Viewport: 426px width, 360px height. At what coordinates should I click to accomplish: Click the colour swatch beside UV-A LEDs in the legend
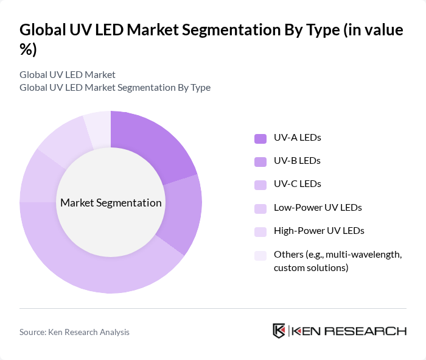(x=260, y=138)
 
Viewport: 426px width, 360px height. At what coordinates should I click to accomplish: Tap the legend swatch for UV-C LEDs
(x=260, y=184)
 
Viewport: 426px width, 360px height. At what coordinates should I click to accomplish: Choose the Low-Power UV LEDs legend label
(x=318, y=208)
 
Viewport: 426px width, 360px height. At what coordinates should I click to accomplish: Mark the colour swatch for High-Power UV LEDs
(x=260, y=231)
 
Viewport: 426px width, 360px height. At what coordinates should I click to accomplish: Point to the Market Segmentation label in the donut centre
(x=111, y=202)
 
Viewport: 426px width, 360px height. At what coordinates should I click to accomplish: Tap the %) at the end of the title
(x=28, y=50)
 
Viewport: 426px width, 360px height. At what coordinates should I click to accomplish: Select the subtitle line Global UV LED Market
(x=68, y=75)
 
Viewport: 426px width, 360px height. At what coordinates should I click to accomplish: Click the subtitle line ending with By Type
(x=115, y=87)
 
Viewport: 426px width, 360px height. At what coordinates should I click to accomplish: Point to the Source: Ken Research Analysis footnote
(x=74, y=332)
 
